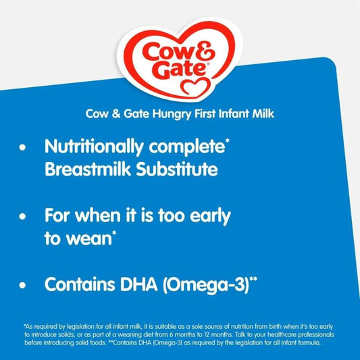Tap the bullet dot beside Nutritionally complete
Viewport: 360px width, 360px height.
click(x=26, y=147)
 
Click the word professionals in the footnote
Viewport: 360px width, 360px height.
click(x=330, y=334)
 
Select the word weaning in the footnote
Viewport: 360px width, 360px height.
click(x=140, y=334)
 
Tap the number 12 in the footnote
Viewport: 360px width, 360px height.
click(x=219, y=334)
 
